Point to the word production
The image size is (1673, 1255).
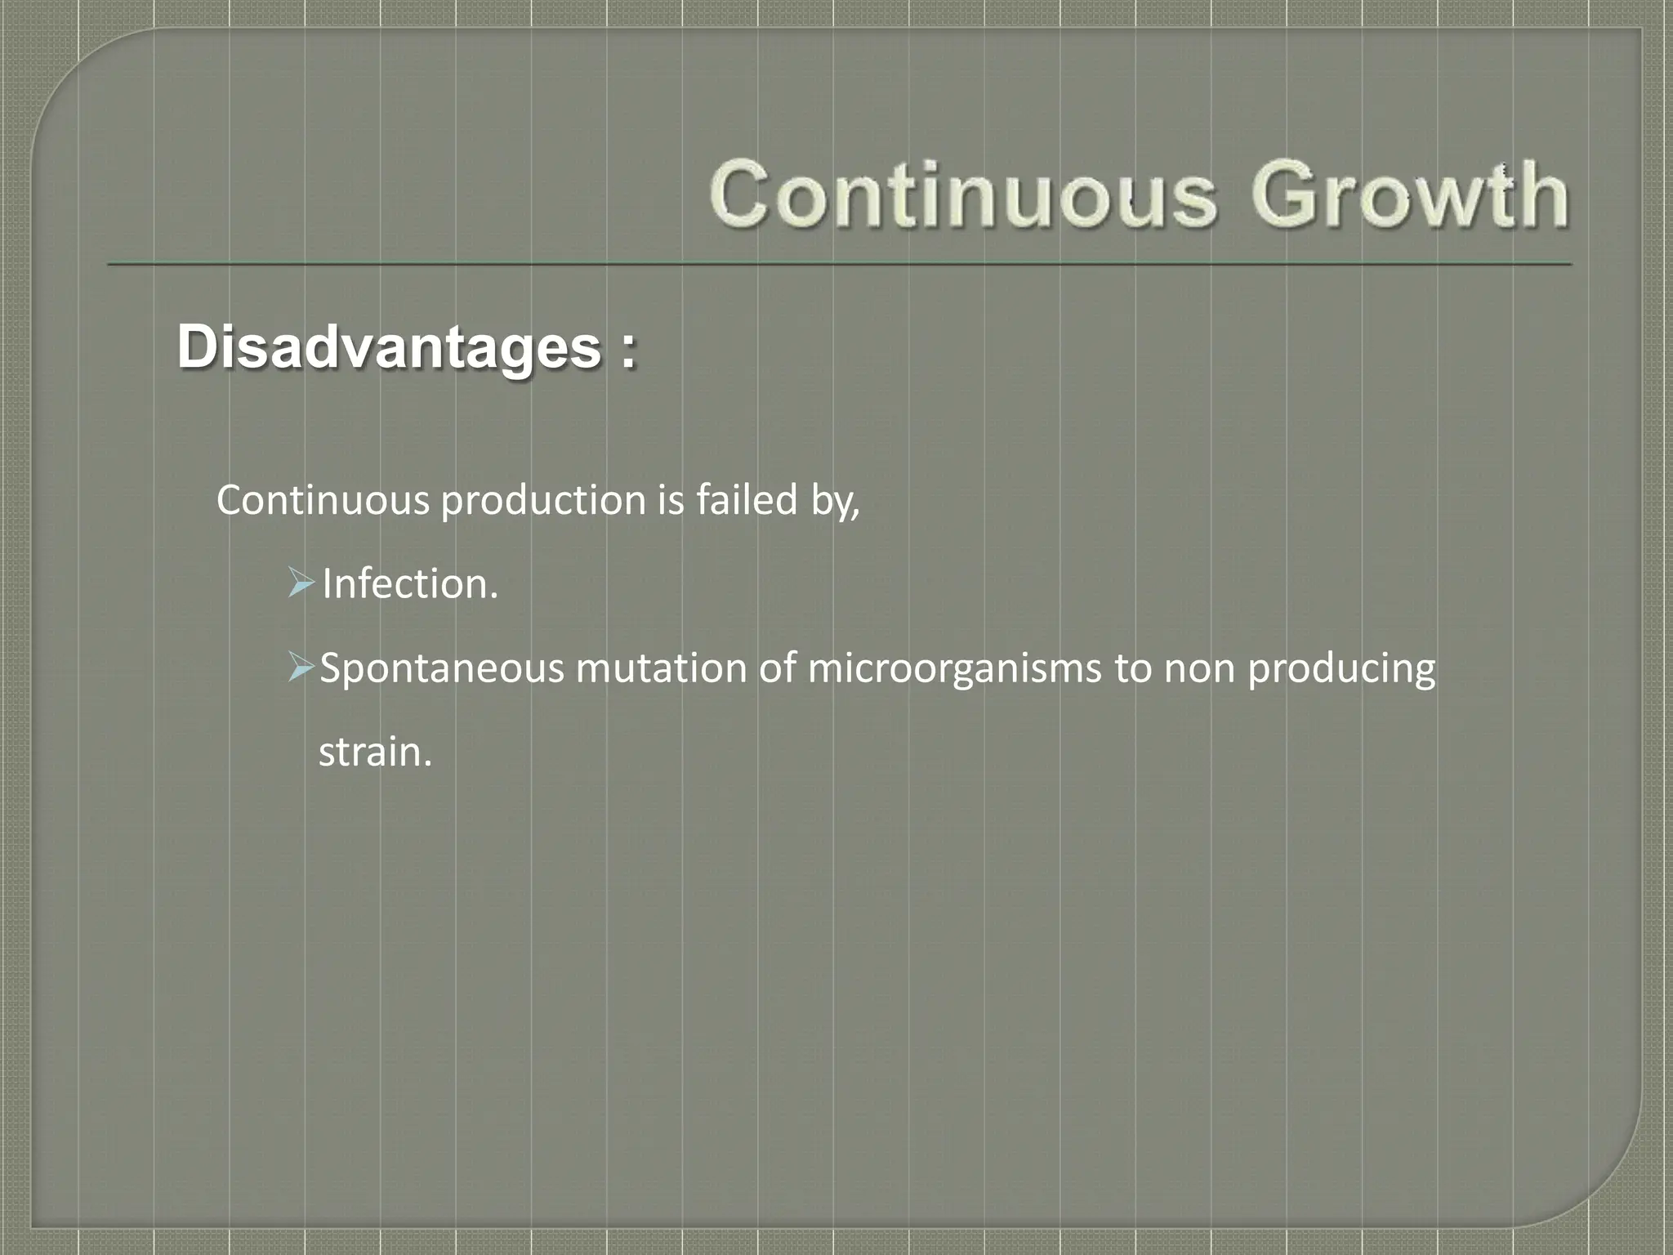[543, 501]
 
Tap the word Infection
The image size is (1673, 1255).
[409, 584]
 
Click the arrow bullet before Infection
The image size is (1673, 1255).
[301, 584]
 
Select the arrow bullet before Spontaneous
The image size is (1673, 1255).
[301, 669]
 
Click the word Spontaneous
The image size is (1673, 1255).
[441, 669]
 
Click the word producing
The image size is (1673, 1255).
[1341, 669]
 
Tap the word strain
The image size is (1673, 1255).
[374, 753]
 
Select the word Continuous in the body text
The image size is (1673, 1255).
[322, 500]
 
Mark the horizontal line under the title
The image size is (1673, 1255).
[839, 265]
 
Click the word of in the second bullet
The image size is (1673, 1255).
[776, 668]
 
